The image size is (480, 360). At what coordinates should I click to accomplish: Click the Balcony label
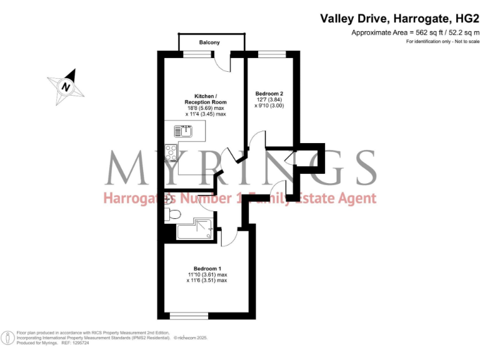coord(209,42)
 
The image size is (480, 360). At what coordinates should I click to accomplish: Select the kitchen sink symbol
coord(186,131)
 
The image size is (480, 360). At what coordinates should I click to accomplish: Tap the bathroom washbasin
coord(167,199)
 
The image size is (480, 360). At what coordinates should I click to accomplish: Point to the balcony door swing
coord(222,61)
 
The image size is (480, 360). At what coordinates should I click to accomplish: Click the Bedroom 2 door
coord(257,139)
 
